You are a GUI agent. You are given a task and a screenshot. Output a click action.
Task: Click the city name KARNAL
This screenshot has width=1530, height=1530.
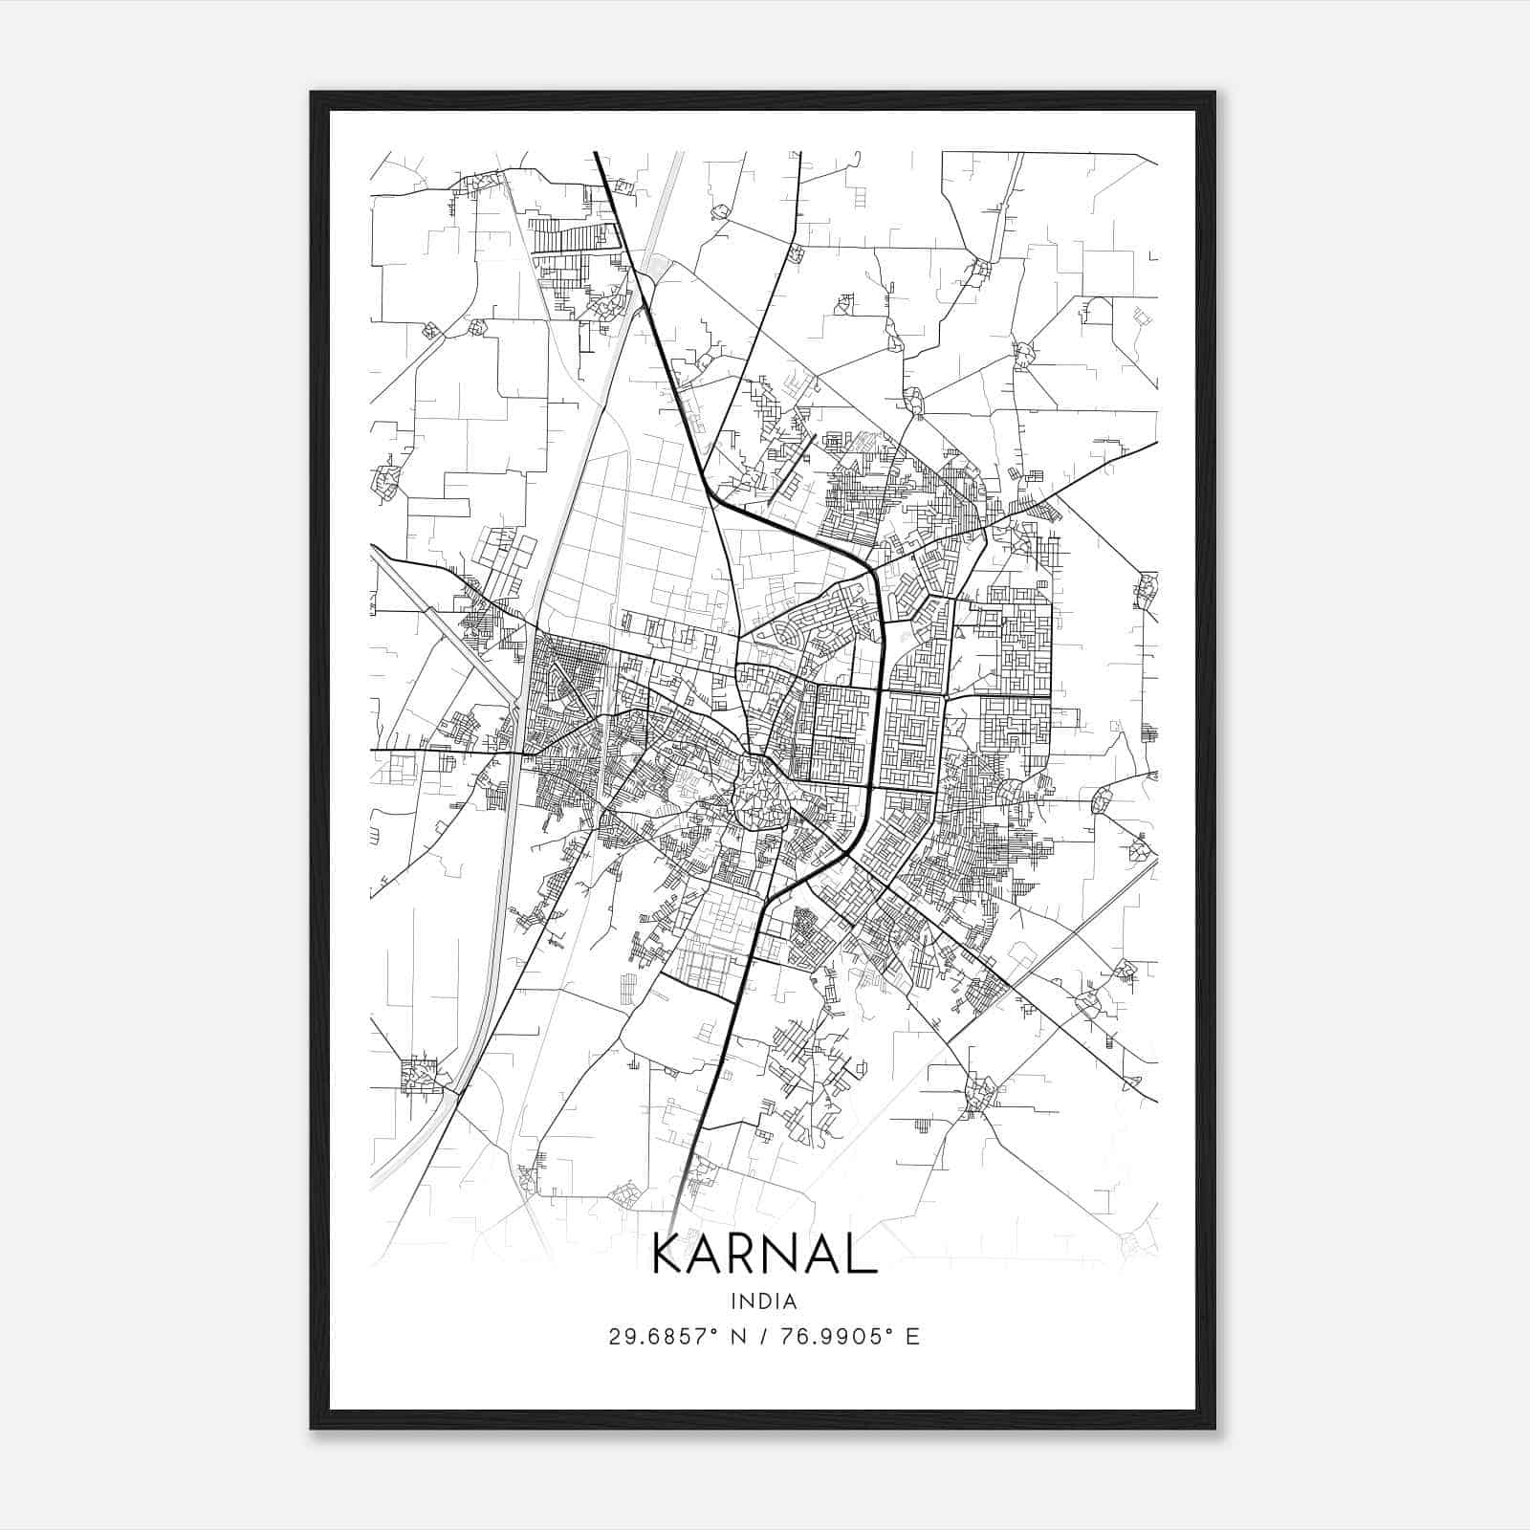coord(764,1254)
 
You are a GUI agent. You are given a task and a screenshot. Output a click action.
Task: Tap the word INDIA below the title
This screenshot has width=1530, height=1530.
coord(764,1300)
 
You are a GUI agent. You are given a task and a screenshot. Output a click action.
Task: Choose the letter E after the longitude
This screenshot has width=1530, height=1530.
coord(913,1337)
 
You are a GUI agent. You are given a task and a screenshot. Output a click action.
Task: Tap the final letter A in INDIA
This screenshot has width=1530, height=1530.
coord(792,1300)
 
